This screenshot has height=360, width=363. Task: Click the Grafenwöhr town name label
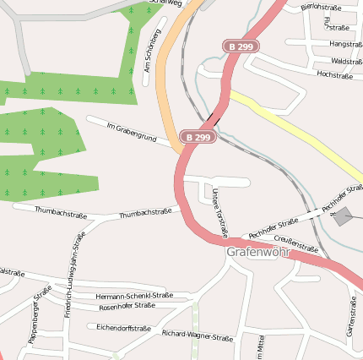(257, 252)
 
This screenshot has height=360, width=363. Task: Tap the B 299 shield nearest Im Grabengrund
(198, 136)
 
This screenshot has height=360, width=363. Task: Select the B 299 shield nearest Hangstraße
(241, 46)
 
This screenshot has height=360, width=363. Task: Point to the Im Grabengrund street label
(132, 133)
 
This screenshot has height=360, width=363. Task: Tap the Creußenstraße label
(296, 244)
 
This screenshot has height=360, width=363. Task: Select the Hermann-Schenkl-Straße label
(134, 296)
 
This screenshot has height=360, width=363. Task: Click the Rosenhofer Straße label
(127, 306)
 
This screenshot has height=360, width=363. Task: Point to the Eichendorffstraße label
(123, 327)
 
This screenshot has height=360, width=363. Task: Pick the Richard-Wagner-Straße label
(197, 335)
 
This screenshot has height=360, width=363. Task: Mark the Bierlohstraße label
(320, 7)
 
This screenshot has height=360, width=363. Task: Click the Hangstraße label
(345, 43)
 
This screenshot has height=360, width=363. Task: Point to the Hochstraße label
(335, 74)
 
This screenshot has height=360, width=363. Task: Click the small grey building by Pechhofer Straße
(344, 217)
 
